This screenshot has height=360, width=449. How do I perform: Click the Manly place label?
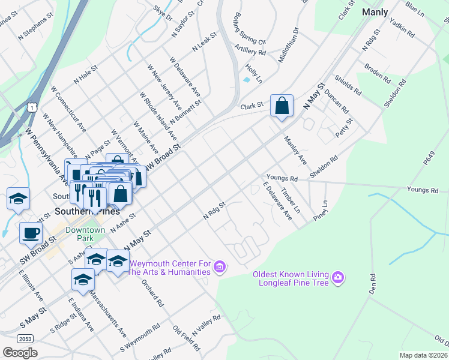(x=375, y=11)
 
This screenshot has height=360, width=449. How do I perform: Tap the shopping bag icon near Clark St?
(x=282, y=106)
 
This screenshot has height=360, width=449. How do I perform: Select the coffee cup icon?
(x=30, y=233)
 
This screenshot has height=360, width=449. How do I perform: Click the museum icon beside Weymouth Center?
(x=220, y=266)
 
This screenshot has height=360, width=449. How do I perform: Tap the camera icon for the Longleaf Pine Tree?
(x=338, y=277)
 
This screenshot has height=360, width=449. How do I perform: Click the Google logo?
(x=20, y=352)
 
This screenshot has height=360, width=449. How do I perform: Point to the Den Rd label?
(x=372, y=285)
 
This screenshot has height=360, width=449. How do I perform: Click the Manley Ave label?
(x=295, y=152)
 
